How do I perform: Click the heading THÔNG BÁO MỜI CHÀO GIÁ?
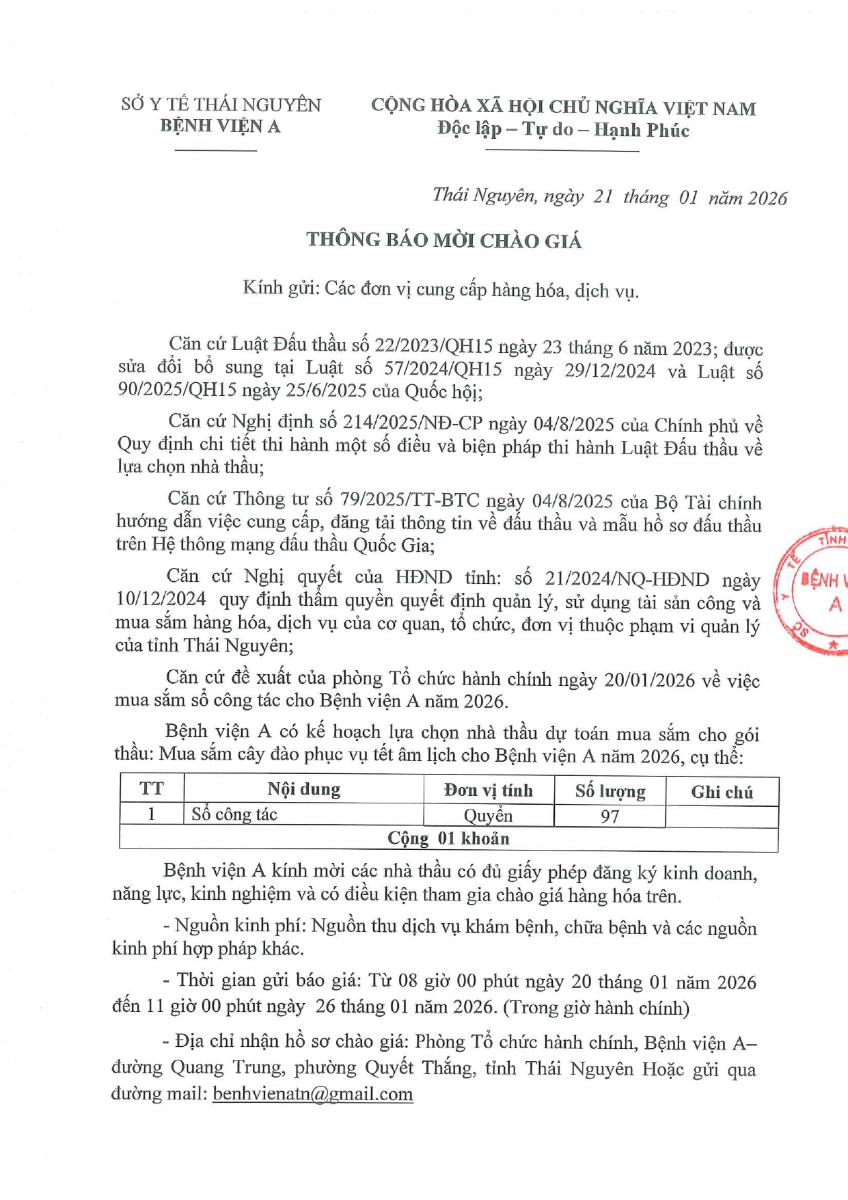pyautogui.click(x=443, y=240)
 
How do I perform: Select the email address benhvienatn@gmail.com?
pyautogui.click(x=313, y=1093)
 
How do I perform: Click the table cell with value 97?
pyautogui.click(x=610, y=816)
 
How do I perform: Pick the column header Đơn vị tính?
pyautogui.click(x=488, y=790)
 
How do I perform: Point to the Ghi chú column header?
pyautogui.click(x=722, y=792)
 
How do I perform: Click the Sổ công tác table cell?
pyautogui.click(x=234, y=814)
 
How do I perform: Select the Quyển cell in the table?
pyautogui.click(x=488, y=816)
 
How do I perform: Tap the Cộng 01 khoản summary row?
pyautogui.click(x=448, y=839)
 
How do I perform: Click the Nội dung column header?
pyautogui.click(x=303, y=789)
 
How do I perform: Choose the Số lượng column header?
pyautogui.click(x=610, y=791)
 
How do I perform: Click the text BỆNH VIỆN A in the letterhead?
pyautogui.click(x=220, y=126)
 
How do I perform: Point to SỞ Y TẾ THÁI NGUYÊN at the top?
pyautogui.click(x=221, y=105)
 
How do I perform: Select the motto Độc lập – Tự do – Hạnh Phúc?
pyautogui.click(x=563, y=129)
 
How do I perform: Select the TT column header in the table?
pyautogui.click(x=152, y=788)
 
